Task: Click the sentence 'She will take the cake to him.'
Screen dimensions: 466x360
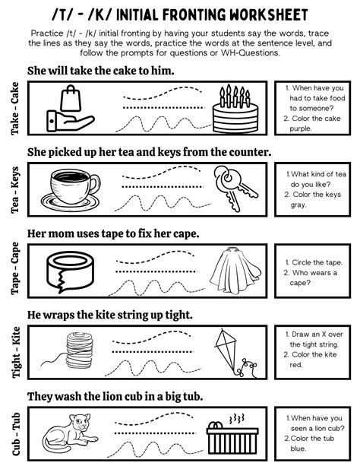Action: (100, 71)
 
